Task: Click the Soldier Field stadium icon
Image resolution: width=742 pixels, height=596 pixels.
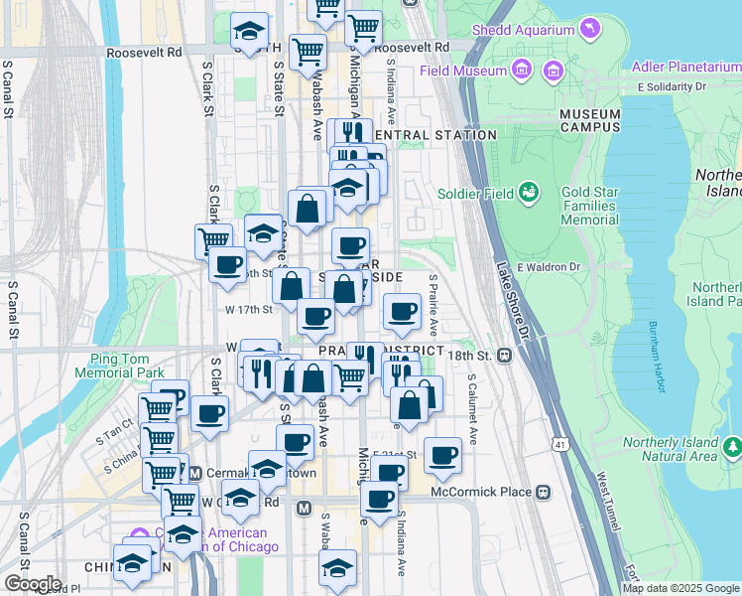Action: point(530,190)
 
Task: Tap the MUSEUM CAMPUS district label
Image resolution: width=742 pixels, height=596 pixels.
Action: point(589,120)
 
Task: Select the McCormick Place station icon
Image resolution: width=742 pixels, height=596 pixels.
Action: point(544,492)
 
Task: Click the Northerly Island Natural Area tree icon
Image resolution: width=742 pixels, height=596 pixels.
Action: point(732,447)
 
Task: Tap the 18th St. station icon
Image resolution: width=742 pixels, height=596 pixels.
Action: point(504,355)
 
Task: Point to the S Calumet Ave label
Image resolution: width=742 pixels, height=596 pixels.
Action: point(473,408)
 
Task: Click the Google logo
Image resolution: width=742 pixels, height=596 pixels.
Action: point(33,583)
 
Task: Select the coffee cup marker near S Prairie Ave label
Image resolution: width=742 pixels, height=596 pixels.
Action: point(402,311)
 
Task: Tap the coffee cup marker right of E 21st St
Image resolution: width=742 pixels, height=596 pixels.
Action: point(443,454)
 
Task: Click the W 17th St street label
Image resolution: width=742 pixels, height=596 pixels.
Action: point(248,309)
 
